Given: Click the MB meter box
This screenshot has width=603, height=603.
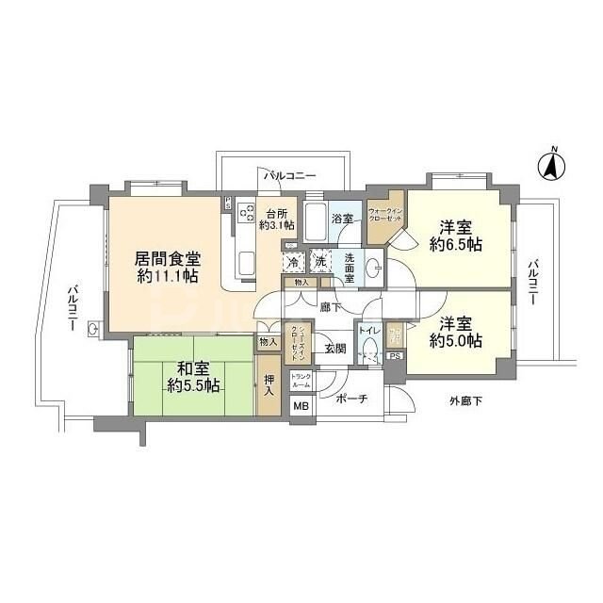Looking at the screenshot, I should [301, 407].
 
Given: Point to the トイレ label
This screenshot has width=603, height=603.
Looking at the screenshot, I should [367, 332].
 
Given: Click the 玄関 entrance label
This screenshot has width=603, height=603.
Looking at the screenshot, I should [334, 348].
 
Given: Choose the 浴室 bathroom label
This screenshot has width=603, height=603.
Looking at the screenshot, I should [342, 219].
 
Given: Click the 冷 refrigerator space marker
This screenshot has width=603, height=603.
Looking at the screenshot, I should [294, 260].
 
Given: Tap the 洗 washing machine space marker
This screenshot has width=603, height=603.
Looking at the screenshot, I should [320, 260].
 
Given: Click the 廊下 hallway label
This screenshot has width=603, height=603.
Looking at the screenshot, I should [329, 306].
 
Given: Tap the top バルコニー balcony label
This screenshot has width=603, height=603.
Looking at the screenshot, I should [288, 175].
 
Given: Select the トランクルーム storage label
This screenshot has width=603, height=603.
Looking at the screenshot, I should [301, 382].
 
